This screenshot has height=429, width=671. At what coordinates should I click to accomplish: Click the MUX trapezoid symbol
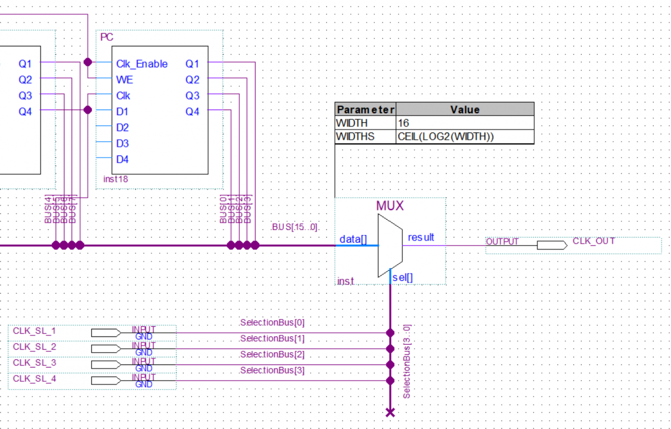[390, 245]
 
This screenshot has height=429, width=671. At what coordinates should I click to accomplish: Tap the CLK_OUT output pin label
[593, 241]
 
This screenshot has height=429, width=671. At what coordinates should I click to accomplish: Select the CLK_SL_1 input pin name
[34, 331]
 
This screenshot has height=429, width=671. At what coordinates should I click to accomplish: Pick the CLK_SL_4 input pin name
[34, 378]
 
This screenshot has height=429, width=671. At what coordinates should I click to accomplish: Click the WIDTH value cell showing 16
[464, 123]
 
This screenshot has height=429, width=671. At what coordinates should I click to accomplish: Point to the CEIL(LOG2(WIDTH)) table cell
[446, 136]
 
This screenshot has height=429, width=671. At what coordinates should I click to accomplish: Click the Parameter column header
[365, 109]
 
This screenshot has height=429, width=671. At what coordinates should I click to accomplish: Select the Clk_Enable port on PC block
[142, 64]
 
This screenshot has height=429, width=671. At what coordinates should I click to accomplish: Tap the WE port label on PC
[125, 80]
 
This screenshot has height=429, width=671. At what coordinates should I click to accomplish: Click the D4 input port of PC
[122, 159]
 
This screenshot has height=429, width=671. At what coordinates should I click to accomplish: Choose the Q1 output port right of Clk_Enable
[192, 64]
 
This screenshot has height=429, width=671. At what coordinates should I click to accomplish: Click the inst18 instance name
[115, 179]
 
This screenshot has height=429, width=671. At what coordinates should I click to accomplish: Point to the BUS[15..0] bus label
[294, 227]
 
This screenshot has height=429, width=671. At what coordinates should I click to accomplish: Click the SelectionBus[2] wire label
[272, 354]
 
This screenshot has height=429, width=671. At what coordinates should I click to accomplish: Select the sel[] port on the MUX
[402, 277]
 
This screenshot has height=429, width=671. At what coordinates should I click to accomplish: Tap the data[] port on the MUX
[353, 239]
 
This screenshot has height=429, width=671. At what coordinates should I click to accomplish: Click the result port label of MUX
[421, 237]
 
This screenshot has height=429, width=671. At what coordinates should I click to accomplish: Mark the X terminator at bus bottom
[390, 412]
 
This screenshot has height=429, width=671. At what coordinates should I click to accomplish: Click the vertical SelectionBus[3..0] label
[407, 361]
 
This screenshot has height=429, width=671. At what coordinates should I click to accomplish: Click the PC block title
[107, 37]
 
